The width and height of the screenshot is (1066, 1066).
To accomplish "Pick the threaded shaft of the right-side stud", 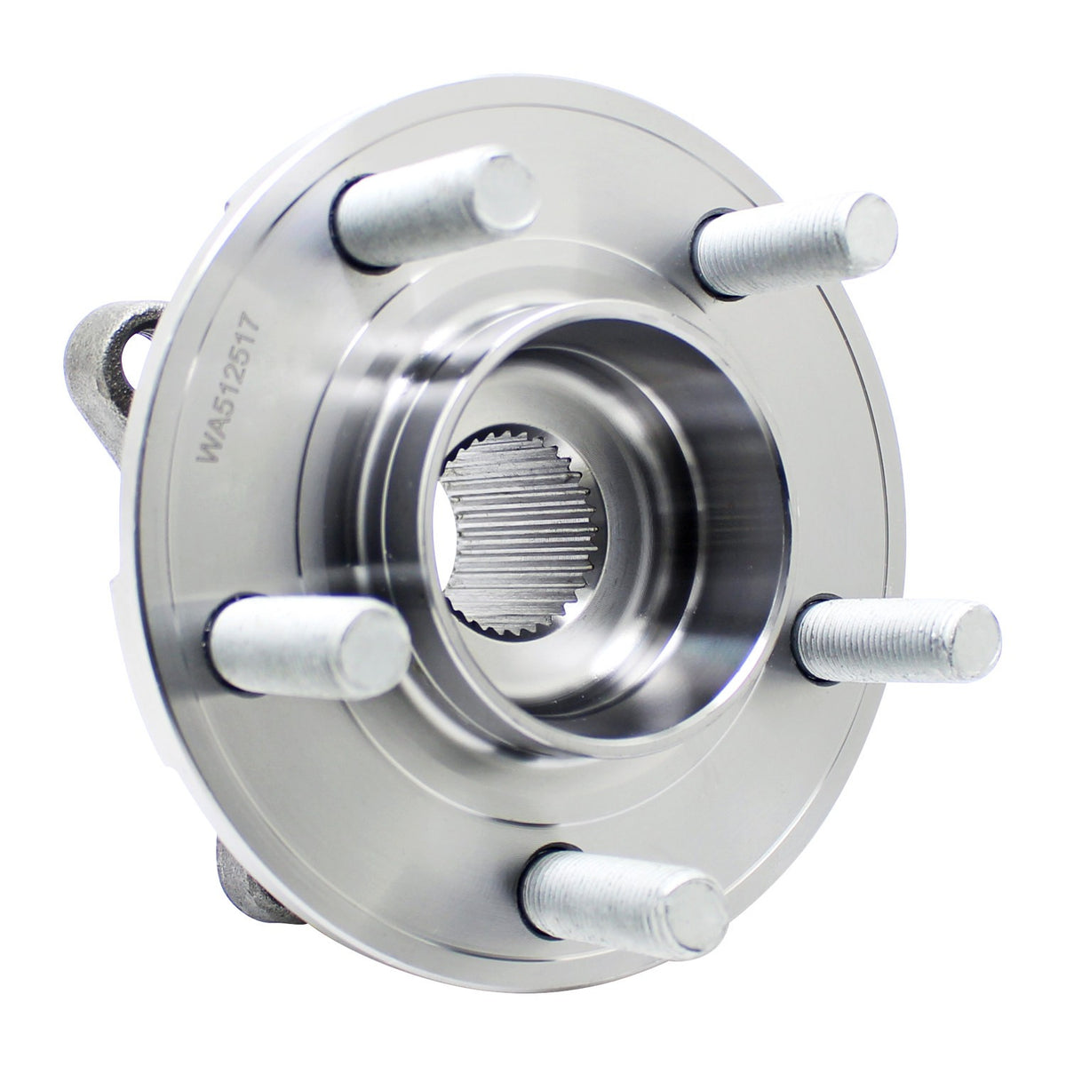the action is [x=879, y=639].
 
